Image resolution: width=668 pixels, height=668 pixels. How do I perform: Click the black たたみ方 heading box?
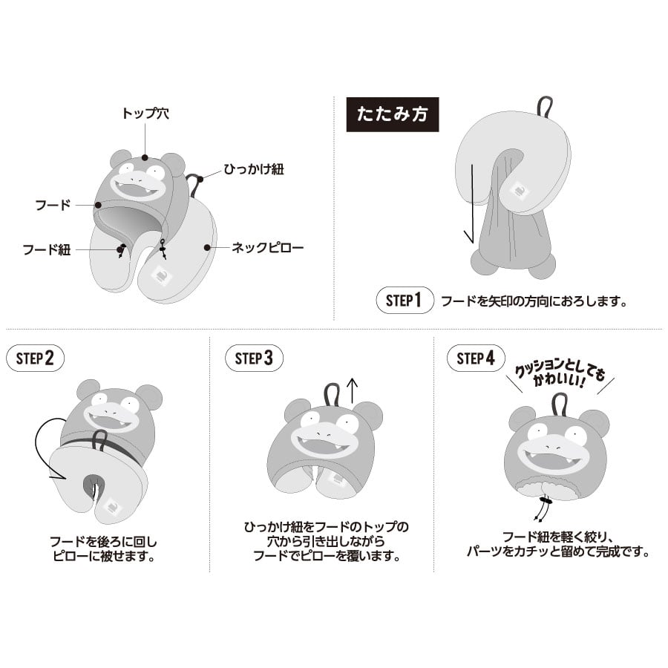tap(393, 114)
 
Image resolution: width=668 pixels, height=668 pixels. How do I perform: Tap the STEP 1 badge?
tap(405, 301)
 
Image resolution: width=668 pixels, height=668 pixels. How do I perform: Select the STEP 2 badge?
tap(36, 358)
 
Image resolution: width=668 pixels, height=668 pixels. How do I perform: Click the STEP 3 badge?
tap(254, 358)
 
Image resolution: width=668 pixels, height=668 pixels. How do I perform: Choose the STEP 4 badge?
tap(476, 358)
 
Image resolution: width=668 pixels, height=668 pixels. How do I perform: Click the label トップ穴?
tap(145, 114)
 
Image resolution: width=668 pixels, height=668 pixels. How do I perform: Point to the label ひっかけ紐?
tap(254, 169)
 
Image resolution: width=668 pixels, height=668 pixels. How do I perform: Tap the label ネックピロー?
tap(267, 247)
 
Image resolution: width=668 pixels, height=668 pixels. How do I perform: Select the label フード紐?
tap(47, 249)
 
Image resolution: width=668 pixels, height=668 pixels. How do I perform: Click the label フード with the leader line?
tap(53, 205)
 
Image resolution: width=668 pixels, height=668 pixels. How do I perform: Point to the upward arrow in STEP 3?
tap(353, 391)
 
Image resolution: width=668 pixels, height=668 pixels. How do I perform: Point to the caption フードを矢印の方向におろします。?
tap(534, 301)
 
